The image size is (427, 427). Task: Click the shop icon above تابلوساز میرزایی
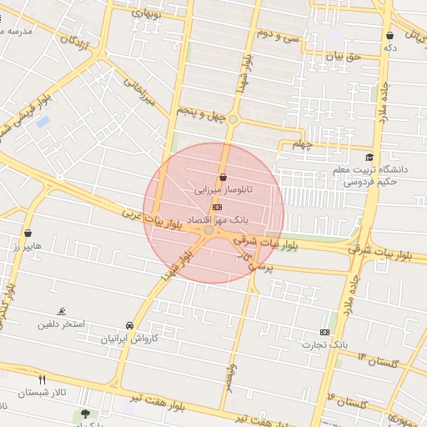(223, 177)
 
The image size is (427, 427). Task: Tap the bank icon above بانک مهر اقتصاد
(218, 206)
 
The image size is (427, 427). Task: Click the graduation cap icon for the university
(369, 158)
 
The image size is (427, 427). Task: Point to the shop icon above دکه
(390, 35)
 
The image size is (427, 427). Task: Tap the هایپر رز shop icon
(29, 233)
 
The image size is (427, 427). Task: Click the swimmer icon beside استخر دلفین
(62, 311)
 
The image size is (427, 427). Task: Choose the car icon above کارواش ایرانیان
(128, 325)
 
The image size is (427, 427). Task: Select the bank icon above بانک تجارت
(324, 331)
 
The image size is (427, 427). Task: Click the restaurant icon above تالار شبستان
(42, 379)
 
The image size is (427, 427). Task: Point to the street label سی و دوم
(278, 34)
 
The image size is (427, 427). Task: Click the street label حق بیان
(341, 56)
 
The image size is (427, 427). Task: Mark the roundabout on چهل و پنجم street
(234, 120)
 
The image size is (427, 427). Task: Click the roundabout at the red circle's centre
(208, 230)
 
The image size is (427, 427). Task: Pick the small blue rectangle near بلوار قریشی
(43, 122)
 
